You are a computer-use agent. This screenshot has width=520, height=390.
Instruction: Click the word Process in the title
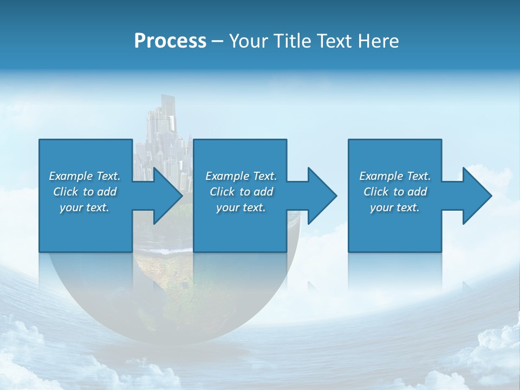[x=170, y=41]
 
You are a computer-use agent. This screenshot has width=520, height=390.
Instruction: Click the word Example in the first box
[x=71, y=176]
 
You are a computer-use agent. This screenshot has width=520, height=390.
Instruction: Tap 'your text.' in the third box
[x=394, y=207]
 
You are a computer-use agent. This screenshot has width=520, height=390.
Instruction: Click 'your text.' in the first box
[x=84, y=207]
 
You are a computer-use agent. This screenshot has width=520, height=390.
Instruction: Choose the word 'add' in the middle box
[x=263, y=192]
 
